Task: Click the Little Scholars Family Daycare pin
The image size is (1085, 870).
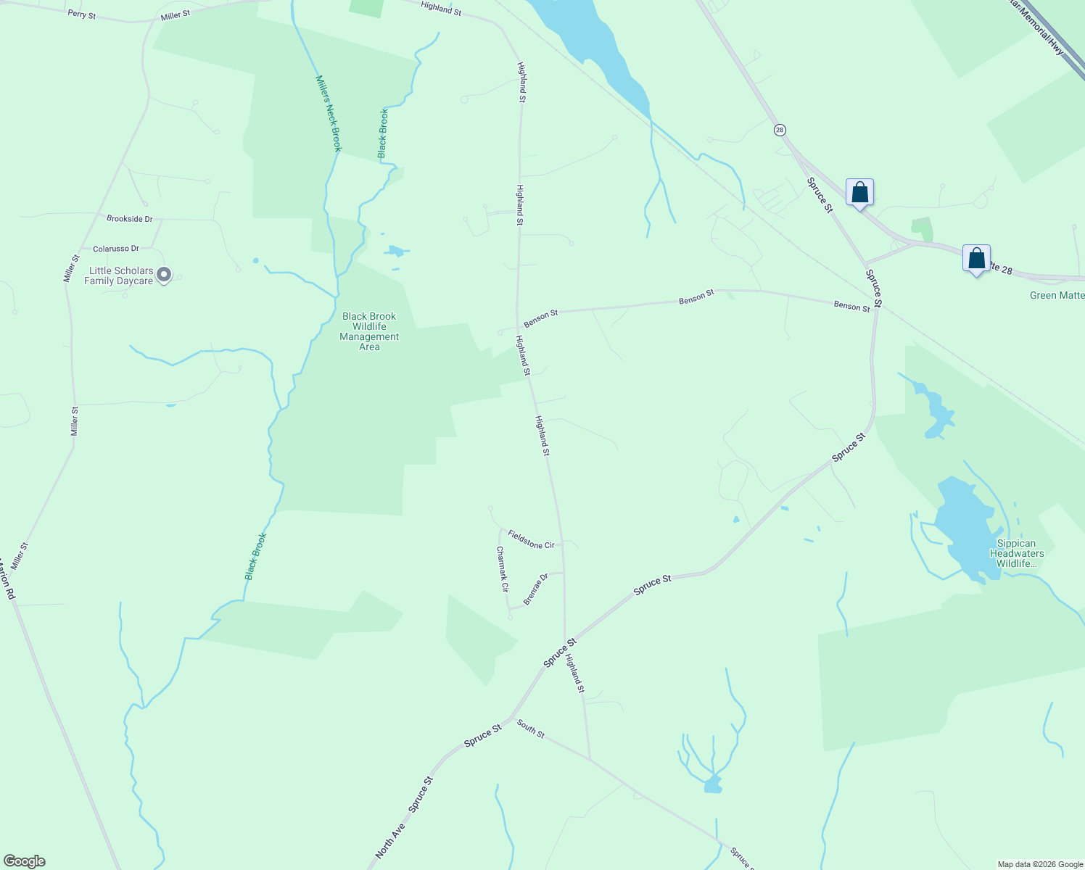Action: pyautogui.click(x=164, y=274)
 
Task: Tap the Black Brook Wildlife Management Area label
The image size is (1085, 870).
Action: pyautogui.click(x=369, y=331)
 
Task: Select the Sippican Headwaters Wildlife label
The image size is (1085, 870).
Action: pyautogui.click(x=1016, y=553)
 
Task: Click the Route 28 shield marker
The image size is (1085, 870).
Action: pyautogui.click(x=780, y=130)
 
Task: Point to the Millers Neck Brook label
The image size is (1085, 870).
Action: pyautogui.click(x=328, y=113)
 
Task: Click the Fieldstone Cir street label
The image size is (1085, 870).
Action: pyautogui.click(x=531, y=539)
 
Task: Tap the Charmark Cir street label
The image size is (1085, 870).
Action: pyautogui.click(x=502, y=569)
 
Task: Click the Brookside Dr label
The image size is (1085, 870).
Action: pyautogui.click(x=129, y=218)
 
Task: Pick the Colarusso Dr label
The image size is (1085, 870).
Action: pyautogui.click(x=115, y=249)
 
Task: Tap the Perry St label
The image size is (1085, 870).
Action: pyautogui.click(x=81, y=14)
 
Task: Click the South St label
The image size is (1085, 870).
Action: pyautogui.click(x=531, y=729)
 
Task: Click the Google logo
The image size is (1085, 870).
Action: pyautogui.click(x=24, y=861)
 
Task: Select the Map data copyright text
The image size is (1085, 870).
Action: pyautogui.click(x=1039, y=864)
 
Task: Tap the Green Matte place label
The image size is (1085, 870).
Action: pyautogui.click(x=1057, y=295)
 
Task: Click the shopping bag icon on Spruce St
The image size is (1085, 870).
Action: pyautogui.click(x=859, y=193)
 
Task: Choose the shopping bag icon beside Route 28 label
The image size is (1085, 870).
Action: pyautogui.click(x=976, y=258)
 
